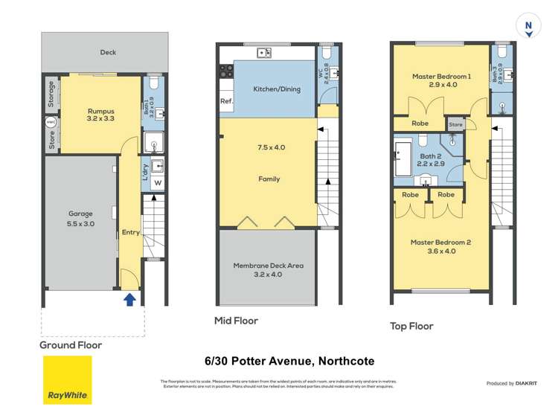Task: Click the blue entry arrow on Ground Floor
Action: click(129, 299)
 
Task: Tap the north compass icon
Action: click(528, 28)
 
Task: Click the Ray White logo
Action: click(67, 379)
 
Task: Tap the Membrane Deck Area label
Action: click(269, 269)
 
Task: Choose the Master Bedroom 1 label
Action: click(441, 80)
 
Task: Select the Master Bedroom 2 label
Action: click(440, 247)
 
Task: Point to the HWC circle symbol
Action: click(51, 122)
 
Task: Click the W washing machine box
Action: click(158, 183)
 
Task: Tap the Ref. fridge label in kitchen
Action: click(226, 101)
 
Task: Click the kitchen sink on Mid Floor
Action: click(263, 53)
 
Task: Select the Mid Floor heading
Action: click(236, 321)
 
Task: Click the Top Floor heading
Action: click(411, 326)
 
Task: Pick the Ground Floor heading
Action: click(71, 345)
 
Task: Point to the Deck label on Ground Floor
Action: click(108, 52)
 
